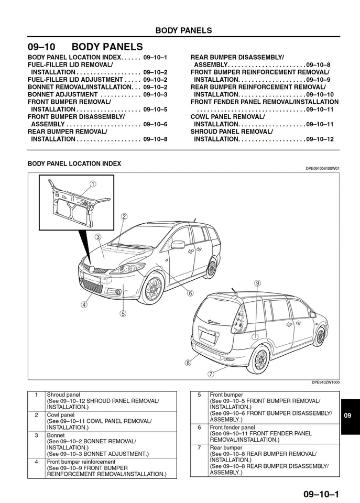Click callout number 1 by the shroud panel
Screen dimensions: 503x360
click(x=93, y=184)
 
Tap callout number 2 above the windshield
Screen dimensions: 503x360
click(x=124, y=216)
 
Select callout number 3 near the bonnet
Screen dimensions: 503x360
click(x=98, y=236)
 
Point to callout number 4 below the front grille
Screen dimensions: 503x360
click(x=84, y=304)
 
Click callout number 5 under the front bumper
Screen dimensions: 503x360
click(x=123, y=314)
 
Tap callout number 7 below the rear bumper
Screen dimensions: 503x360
click(x=211, y=374)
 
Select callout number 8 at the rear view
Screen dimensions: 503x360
click(x=188, y=362)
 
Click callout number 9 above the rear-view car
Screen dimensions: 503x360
click(x=257, y=283)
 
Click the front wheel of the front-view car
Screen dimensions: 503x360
click(x=154, y=289)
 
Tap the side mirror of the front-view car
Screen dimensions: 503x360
click(x=178, y=245)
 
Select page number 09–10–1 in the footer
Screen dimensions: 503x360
click(x=321, y=494)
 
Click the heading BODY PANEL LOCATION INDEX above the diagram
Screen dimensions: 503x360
click(x=74, y=163)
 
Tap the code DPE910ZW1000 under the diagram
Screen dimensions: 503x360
click(x=325, y=382)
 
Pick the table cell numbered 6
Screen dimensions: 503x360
click(x=199, y=428)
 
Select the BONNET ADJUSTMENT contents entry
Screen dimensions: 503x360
click(x=63, y=94)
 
